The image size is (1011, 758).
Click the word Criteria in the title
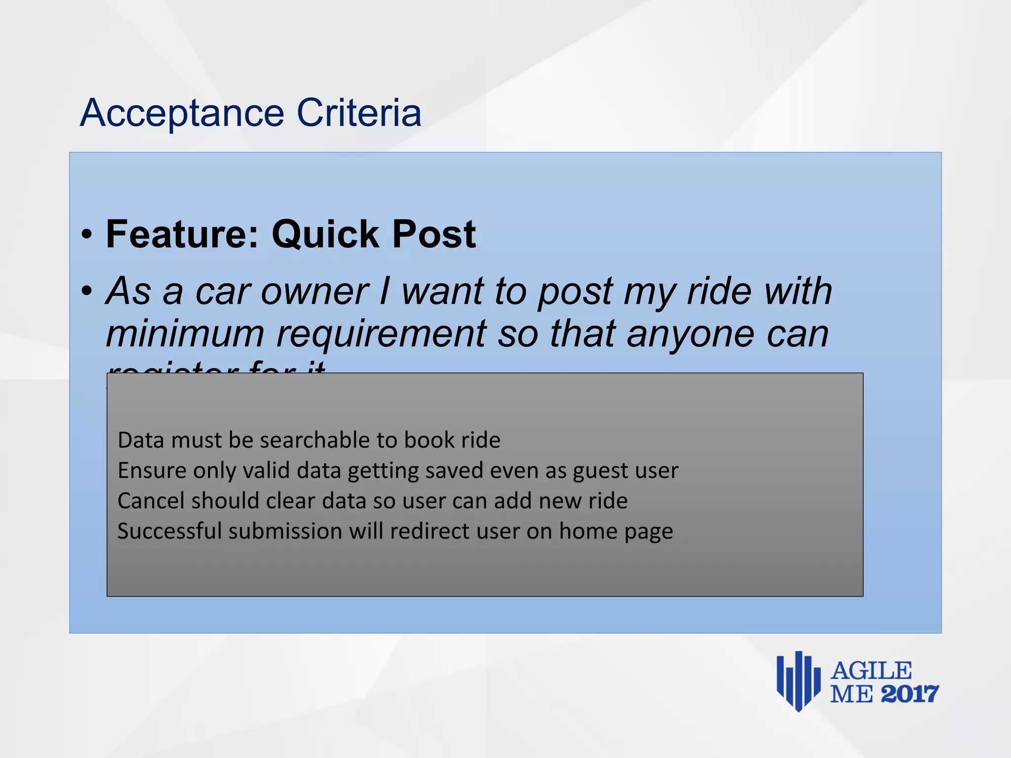coord(359,113)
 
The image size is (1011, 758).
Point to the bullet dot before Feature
coord(87,235)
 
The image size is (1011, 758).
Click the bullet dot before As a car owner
coord(87,291)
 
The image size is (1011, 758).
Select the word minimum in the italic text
coord(185,334)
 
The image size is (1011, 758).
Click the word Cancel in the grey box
coord(151,501)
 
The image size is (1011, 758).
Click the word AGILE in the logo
coord(871,671)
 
